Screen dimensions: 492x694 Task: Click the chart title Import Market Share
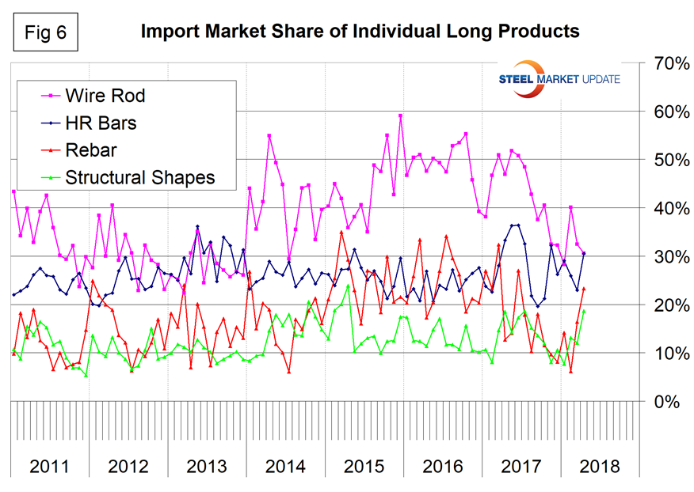tap(360, 32)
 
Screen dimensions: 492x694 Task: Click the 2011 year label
tap(49, 466)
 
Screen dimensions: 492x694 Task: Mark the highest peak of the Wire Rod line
tap(401, 115)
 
